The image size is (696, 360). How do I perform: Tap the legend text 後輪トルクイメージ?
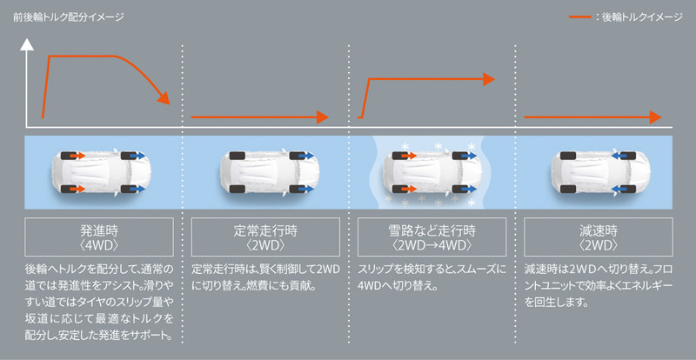[639, 17]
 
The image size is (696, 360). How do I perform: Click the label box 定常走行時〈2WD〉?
[265, 237]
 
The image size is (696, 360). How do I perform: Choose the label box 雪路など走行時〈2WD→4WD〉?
[432, 237]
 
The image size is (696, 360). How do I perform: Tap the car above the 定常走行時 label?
[266, 171]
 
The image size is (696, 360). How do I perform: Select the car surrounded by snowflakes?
[432, 171]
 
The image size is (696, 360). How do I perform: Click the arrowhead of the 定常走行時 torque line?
[325, 117]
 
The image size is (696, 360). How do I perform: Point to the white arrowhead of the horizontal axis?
[171, 120]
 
